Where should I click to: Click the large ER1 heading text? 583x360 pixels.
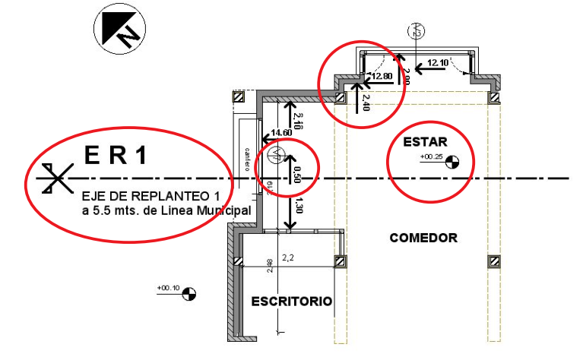[x=114, y=156]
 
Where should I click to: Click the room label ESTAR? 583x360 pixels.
[x=425, y=142]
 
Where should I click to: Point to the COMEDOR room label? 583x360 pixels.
[x=423, y=238]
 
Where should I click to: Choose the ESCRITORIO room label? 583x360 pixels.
[x=292, y=302]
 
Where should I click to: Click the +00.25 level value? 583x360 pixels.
[x=430, y=157]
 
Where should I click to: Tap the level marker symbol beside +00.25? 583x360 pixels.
[x=452, y=160]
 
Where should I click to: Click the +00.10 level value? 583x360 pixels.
[x=168, y=288]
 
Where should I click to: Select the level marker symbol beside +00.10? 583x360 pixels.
[x=189, y=293]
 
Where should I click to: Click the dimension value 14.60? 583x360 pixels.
[x=283, y=131]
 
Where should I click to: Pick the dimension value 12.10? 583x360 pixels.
[x=438, y=62]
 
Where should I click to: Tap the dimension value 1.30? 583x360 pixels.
[x=298, y=205]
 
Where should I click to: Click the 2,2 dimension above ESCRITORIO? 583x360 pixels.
[x=287, y=258]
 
